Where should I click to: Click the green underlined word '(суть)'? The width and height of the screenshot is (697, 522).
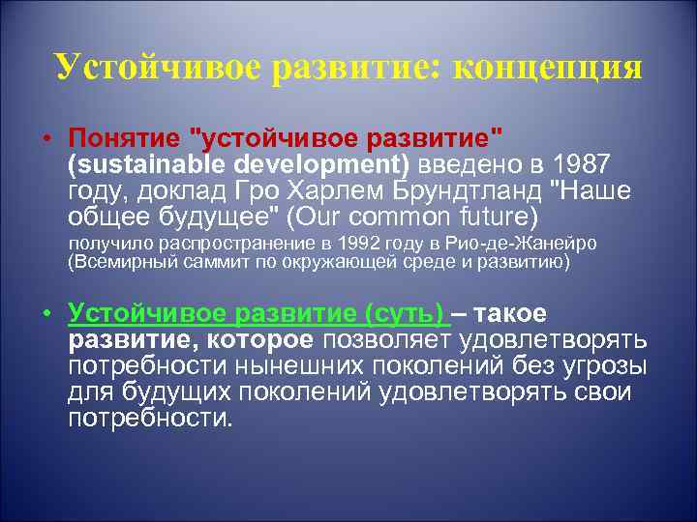tap(405, 314)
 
